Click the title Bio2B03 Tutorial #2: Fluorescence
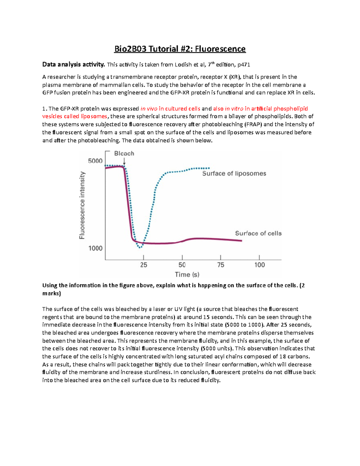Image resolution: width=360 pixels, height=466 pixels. click(x=180, y=49)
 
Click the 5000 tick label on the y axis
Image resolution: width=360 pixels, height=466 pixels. click(x=95, y=161)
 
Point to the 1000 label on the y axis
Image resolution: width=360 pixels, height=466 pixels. click(x=95, y=248)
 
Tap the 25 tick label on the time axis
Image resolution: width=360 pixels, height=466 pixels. click(x=143, y=265)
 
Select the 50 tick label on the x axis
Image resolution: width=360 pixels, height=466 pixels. click(x=182, y=265)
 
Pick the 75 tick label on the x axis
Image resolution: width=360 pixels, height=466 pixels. click(x=220, y=265)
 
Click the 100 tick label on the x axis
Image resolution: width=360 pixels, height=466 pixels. click(x=259, y=265)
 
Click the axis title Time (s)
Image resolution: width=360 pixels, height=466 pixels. click(x=187, y=274)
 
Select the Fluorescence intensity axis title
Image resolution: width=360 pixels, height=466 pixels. click(x=82, y=205)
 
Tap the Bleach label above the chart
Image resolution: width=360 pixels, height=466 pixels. click(x=124, y=153)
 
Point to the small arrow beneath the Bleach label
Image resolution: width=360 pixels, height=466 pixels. click(x=124, y=162)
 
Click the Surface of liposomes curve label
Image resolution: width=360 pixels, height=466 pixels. click(x=234, y=173)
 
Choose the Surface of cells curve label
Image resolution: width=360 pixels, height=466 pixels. click(x=258, y=233)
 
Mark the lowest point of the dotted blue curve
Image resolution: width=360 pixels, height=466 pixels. click(x=140, y=248)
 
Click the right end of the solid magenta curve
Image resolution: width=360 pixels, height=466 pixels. click(x=241, y=241)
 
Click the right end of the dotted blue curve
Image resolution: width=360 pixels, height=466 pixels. click(x=209, y=168)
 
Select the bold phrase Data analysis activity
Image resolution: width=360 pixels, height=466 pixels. click(x=73, y=64)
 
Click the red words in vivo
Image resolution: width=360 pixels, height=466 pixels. click(x=149, y=109)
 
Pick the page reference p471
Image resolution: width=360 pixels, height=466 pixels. click(x=244, y=65)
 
